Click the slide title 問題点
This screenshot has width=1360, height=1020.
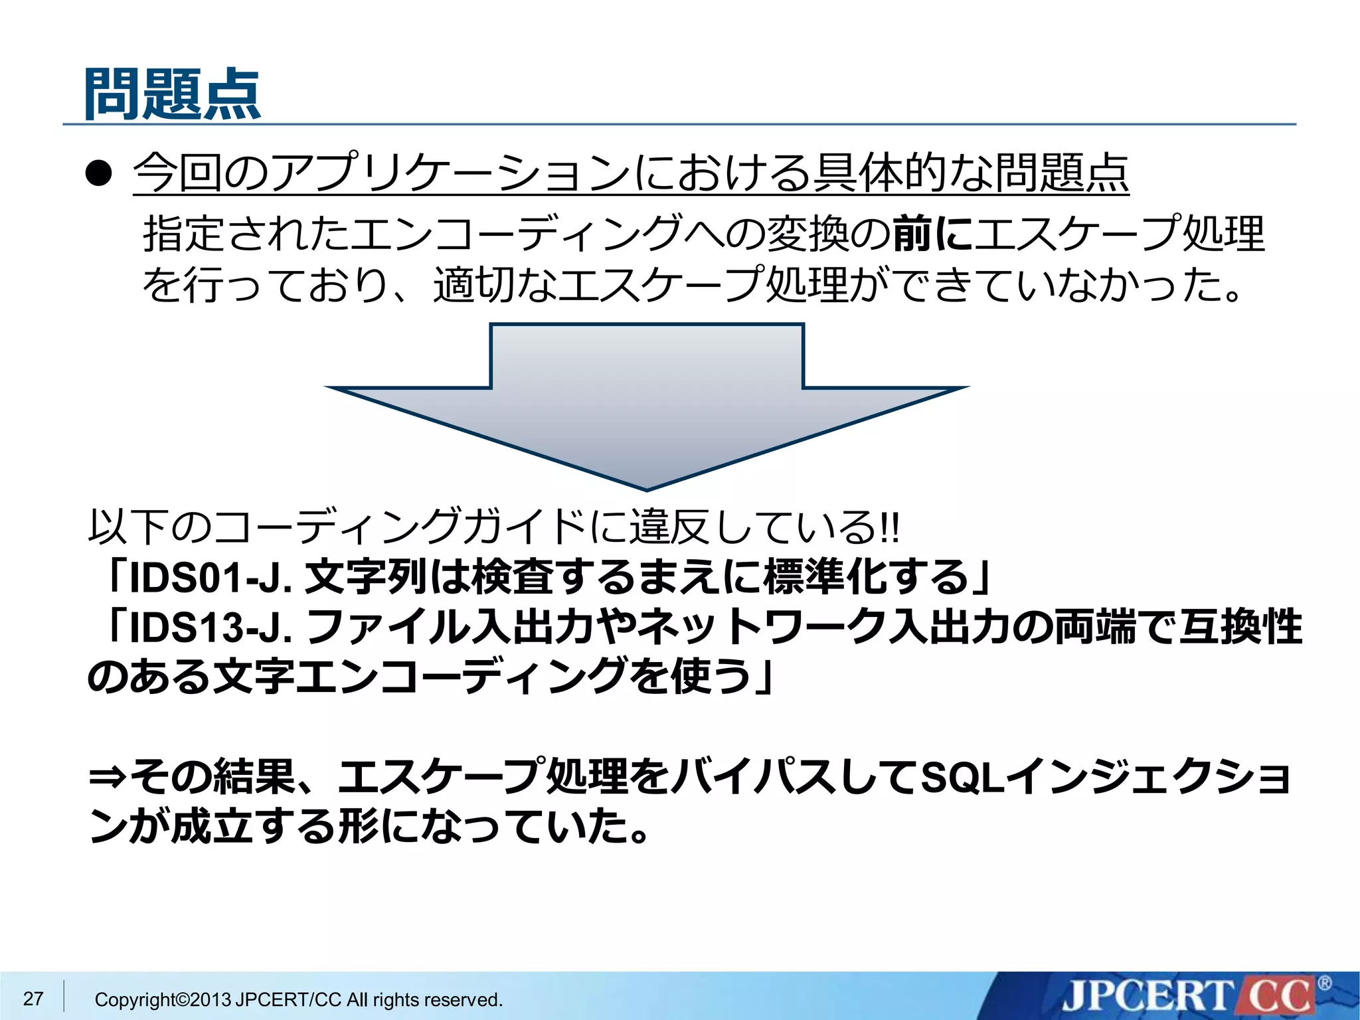pyautogui.click(x=173, y=94)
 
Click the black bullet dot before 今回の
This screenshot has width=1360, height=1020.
pyautogui.click(x=99, y=174)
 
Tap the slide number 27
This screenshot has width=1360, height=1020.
pyautogui.click(x=33, y=998)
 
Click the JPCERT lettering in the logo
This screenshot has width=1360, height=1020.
pyautogui.click(x=1147, y=997)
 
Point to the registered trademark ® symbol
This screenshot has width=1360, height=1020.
pyautogui.click(x=1324, y=983)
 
